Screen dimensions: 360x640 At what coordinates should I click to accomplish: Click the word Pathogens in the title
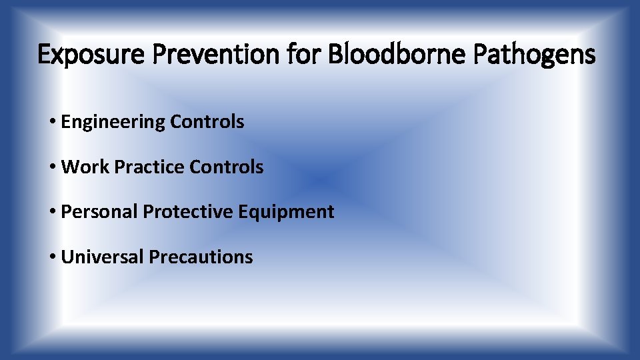pos(534,55)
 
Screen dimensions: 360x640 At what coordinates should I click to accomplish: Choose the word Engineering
pos(113,123)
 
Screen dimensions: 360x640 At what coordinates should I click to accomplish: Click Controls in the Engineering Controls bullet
pos(207,122)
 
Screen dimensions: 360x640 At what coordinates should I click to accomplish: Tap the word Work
pos(85,167)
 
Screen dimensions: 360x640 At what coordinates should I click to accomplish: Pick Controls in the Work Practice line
pos(227,167)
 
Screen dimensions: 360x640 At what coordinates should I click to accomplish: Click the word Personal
pos(99,212)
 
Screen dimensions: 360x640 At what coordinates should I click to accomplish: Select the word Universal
pos(103,257)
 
